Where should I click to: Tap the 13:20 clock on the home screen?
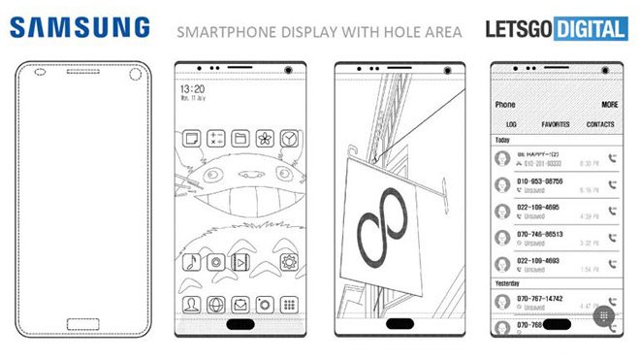[192, 89]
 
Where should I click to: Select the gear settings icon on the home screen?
[288, 262]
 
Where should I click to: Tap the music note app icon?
[193, 262]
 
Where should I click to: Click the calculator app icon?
[216, 139]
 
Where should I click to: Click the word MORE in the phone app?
[609, 104]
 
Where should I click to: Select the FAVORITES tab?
[556, 125]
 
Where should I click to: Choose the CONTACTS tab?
[601, 125]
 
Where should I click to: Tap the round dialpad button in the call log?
[603, 316]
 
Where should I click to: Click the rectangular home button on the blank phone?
[82, 325]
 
